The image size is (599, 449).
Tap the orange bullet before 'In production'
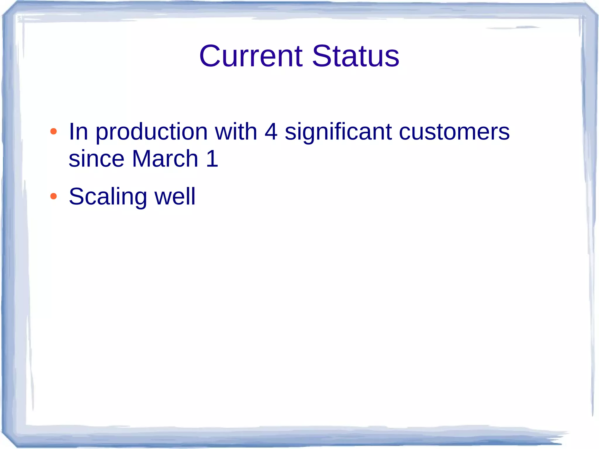(53, 131)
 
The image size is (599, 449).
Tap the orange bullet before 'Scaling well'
(53, 196)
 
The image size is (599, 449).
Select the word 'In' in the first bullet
(78, 132)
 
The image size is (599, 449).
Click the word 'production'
(152, 132)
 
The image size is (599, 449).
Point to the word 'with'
(236, 132)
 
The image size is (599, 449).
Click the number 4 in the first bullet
(271, 132)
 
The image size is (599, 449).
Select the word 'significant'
(338, 132)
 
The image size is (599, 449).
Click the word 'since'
(97, 159)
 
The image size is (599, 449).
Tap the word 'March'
(165, 159)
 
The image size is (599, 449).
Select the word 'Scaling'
(108, 197)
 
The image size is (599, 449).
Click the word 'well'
(175, 196)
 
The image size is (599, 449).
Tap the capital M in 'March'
(142, 159)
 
